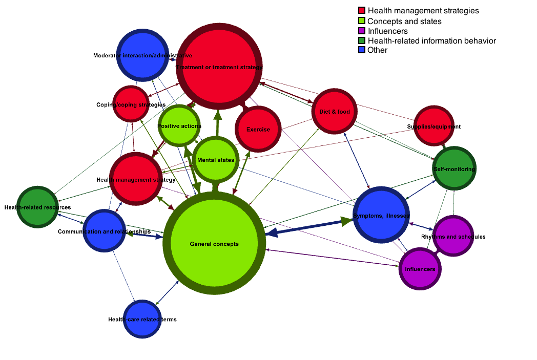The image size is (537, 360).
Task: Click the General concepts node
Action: pyautogui.click(x=214, y=244)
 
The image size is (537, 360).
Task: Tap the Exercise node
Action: pyautogui.click(x=258, y=129)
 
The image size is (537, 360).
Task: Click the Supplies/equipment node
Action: pyautogui.click(x=433, y=126)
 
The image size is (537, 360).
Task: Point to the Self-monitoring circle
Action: pyautogui.click(x=455, y=168)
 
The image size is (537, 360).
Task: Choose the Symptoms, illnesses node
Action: pyautogui.click(x=381, y=215)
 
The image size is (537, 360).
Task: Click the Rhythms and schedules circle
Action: pyautogui.click(x=453, y=236)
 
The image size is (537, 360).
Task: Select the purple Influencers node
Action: pyautogui.click(x=420, y=269)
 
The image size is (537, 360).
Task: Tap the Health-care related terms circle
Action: pyautogui.click(x=142, y=319)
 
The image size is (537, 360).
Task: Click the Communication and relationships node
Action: pyautogui.click(x=104, y=231)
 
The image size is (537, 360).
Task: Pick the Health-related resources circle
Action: pyautogui.click(x=37, y=207)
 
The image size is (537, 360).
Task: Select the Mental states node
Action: pyautogui.click(x=216, y=160)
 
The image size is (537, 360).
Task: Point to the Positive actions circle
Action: pyautogui.click(x=179, y=125)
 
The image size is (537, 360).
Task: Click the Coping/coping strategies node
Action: pyautogui.click(x=131, y=104)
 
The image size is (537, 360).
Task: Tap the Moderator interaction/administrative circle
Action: pyautogui.click(x=142, y=55)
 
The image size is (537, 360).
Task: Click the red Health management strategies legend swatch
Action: pyautogui.click(x=362, y=11)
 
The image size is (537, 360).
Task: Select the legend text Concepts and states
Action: pyautogui.click(x=404, y=22)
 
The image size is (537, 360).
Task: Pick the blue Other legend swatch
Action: pyautogui.click(x=362, y=50)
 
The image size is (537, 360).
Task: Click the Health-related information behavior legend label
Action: pyautogui.click(x=431, y=40)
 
